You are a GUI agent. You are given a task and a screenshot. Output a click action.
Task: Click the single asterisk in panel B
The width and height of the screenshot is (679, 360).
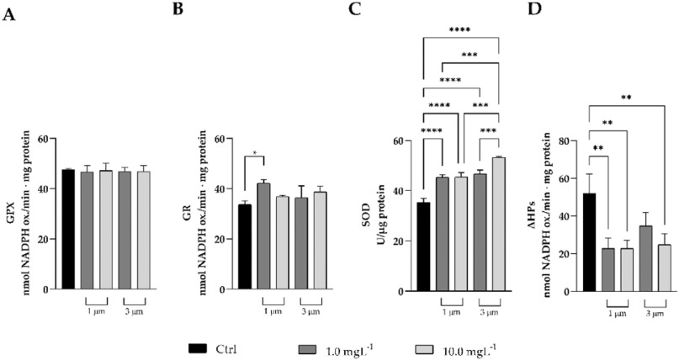(254, 154)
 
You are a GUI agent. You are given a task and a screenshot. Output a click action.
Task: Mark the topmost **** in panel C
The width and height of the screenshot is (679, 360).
(459, 30)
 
